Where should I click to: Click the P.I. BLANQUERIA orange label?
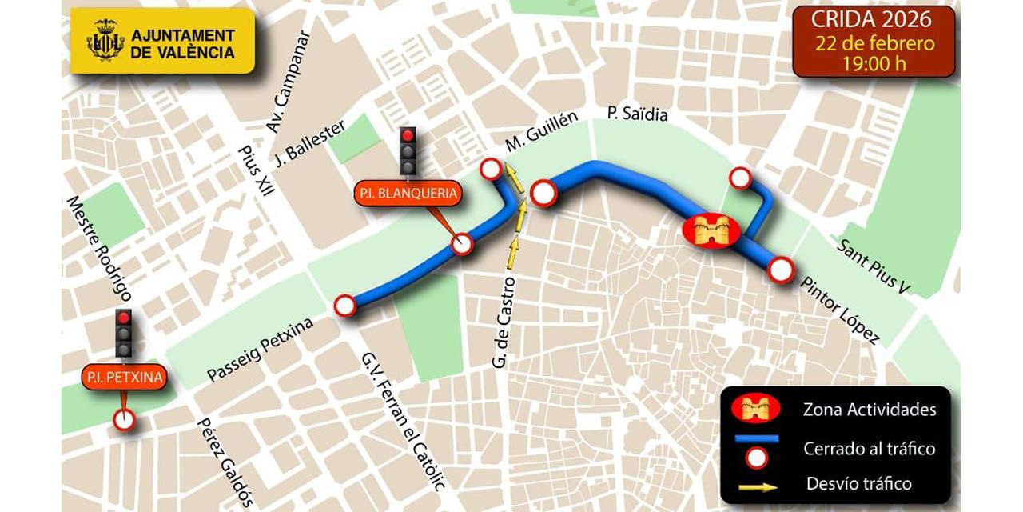pos(408,194)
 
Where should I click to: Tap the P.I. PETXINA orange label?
pos(124,377)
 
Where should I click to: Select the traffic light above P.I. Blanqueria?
pos(408,150)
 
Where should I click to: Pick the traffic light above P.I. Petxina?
pos(124,333)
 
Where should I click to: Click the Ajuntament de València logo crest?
pos(105,41)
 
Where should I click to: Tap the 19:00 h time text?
pos(874,64)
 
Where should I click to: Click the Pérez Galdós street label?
pos(225,463)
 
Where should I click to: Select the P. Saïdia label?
pos(637,114)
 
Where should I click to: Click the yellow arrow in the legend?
pos(755,483)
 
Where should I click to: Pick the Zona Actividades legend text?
pos(869,410)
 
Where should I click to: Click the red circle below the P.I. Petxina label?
pos(124,419)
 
